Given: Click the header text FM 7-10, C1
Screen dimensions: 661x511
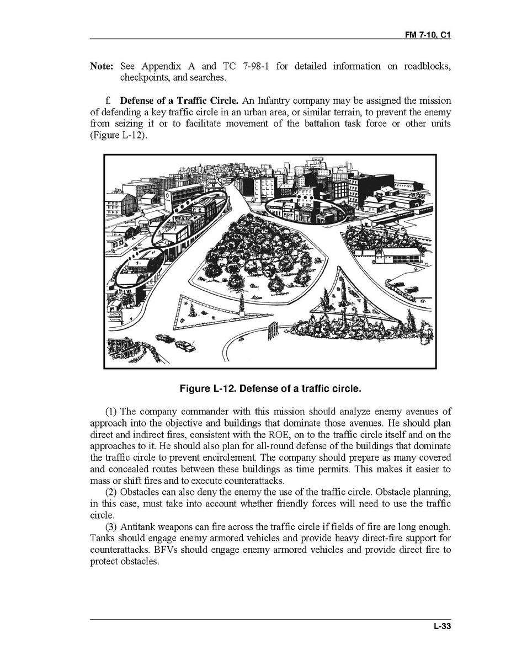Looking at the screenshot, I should point(428,34).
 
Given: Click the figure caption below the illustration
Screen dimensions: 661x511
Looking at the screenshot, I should point(270,388).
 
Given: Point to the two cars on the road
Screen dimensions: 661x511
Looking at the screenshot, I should point(175,342).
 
